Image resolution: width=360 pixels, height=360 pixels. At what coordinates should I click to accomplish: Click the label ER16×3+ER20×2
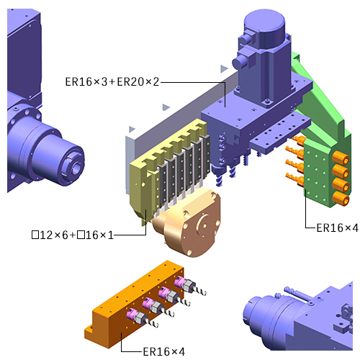coord(112,82)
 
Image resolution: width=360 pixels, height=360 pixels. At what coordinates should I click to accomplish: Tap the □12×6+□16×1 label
coord(72,235)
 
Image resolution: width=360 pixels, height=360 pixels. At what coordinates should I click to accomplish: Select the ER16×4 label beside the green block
coord(337,228)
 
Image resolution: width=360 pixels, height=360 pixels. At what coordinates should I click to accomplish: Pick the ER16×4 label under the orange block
coord(164,352)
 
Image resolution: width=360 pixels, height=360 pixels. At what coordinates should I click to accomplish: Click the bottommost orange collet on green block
coord(341,199)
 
